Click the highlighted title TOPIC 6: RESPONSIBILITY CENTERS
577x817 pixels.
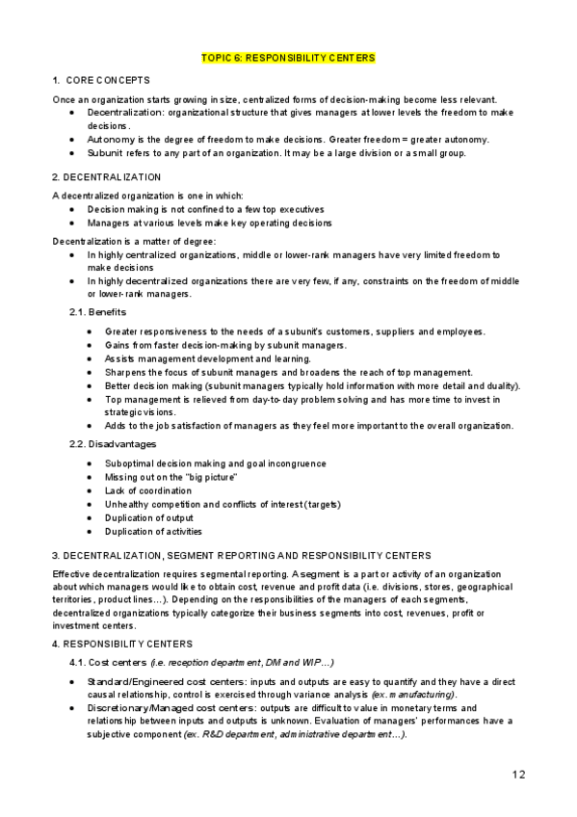point(288,58)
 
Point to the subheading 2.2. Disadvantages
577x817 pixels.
point(111,444)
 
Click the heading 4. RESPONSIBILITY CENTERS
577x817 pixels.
point(121,643)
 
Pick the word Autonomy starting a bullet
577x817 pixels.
point(106,139)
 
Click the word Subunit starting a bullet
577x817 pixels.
point(104,152)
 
